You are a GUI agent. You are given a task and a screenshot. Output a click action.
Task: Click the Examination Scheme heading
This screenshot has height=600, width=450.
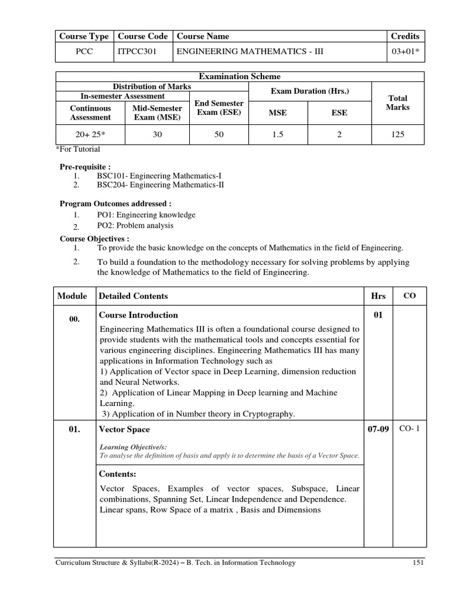pyautogui.click(x=240, y=77)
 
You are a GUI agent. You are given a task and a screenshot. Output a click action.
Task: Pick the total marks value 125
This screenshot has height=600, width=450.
pyautogui.click(x=398, y=135)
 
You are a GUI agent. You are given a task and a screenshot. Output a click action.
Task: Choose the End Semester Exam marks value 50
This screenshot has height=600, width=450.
pyautogui.click(x=219, y=135)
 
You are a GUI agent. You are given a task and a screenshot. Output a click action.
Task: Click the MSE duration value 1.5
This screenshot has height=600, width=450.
pyautogui.click(x=278, y=135)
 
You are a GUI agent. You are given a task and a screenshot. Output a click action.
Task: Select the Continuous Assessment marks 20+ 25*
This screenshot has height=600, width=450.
pyautogui.click(x=90, y=135)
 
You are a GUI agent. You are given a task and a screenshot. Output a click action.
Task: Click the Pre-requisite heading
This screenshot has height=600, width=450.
pyautogui.click(x=86, y=166)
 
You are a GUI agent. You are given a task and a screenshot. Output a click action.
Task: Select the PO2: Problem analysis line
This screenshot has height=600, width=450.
pyautogui.click(x=135, y=226)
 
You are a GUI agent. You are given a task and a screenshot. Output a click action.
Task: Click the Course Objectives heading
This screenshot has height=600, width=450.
pyautogui.click(x=94, y=238)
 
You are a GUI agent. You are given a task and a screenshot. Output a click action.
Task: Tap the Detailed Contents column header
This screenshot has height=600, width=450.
pyautogui.click(x=134, y=296)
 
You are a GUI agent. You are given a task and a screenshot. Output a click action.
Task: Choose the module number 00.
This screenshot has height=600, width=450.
pyautogui.click(x=74, y=318)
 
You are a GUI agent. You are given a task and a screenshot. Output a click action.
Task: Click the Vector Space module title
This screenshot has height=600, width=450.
pyautogui.click(x=124, y=429)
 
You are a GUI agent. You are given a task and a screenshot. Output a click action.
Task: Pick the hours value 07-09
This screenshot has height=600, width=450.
pyautogui.click(x=378, y=429)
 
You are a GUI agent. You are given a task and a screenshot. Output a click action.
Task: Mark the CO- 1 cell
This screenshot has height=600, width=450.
pyautogui.click(x=410, y=428)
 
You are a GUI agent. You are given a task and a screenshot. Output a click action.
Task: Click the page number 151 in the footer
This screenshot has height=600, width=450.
pyautogui.click(x=417, y=563)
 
